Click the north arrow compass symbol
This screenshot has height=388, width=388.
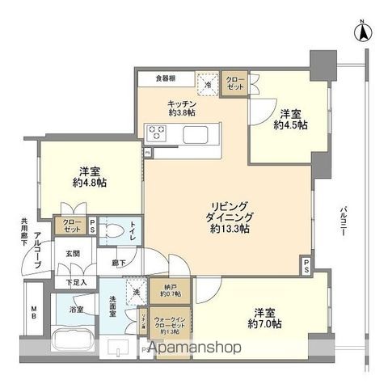click(x=364, y=33)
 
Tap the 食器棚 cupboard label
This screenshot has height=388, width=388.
click(x=169, y=79)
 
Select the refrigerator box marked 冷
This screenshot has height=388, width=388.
click(x=209, y=83)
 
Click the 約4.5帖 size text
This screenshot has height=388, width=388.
click(x=290, y=120)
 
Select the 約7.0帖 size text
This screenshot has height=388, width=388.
click(x=264, y=317)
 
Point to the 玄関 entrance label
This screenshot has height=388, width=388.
click(x=73, y=254)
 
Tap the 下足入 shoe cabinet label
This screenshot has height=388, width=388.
click(x=76, y=282)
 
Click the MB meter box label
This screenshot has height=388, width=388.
click(x=33, y=312)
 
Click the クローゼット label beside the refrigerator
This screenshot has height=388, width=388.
click(x=236, y=82)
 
